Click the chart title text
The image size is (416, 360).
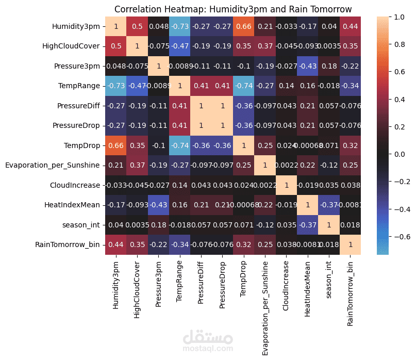point(233,9)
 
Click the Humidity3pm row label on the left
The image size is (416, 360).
point(76,26)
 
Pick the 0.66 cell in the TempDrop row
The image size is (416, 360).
point(115,145)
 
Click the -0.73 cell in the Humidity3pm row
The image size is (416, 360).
point(180,26)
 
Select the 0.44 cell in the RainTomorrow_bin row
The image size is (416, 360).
point(115,244)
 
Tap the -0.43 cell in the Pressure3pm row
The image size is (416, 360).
point(307,66)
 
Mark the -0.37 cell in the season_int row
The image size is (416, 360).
point(307,225)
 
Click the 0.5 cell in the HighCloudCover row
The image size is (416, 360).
point(115,46)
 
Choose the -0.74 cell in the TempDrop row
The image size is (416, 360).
point(180,145)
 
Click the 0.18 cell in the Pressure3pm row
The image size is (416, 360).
point(329,66)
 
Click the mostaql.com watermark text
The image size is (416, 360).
point(208,349)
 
